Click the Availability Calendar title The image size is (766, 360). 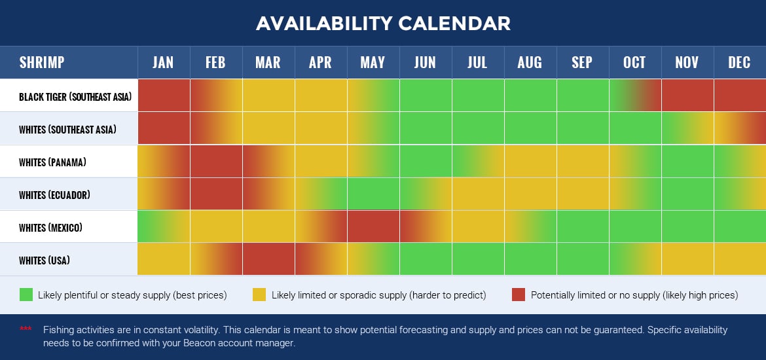tap(383, 23)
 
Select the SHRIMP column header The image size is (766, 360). tap(42, 63)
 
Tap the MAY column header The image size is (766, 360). tap(373, 63)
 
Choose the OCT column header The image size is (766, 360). tap(634, 63)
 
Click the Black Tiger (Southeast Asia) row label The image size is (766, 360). tap(75, 97)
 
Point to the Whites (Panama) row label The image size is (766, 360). tap(53, 162)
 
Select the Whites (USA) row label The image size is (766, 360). tap(45, 261)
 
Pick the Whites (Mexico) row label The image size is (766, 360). tap(51, 228)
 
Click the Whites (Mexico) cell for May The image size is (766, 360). tap(373, 226)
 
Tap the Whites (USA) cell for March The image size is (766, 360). tap(268, 259)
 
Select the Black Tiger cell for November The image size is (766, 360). tap(687, 96)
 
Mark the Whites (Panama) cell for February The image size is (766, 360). tap(216, 161)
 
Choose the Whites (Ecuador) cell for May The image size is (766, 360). tap(373, 194)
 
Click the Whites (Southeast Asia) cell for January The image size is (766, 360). tap(164, 128)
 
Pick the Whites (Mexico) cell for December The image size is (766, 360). tap(740, 226)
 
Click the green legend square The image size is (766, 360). tap(26, 295)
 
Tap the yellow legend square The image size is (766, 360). tap(259, 295)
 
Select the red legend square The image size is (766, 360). tap(519, 295)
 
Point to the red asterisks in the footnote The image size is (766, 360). tap(26, 329)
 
